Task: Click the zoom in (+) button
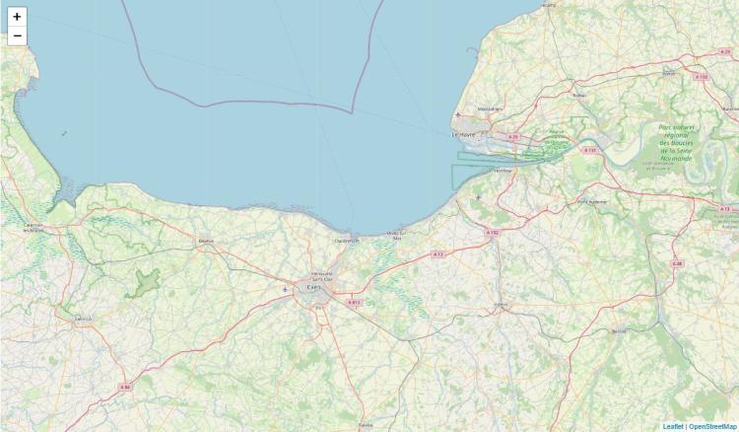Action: click(x=17, y=17)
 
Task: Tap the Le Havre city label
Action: click(x=463, y=134)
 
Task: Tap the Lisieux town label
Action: click(x=501, y=305)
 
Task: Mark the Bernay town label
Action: click(x=619, y=332)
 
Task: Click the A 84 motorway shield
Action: click(x=125, y=388)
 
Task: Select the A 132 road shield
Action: click(x=493, y=233)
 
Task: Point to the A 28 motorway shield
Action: click(x=677, y=263)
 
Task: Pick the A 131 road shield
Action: click(x=590, y=150)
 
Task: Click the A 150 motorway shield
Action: click(x=701, y=76)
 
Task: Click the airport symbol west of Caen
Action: click(x=286, y=289)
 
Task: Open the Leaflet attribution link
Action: click(x=673, y=426)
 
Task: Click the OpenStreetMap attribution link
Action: click(x=712, y=426)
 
